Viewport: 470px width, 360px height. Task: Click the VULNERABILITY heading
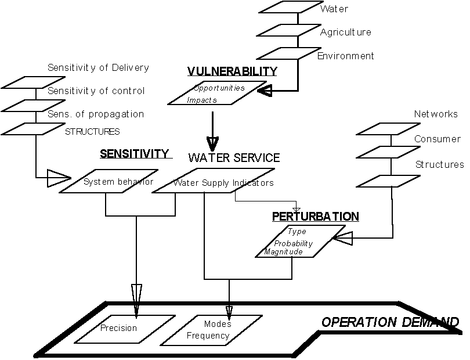(x=232, y=71)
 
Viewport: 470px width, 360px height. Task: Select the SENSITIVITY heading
(x=135, y=154)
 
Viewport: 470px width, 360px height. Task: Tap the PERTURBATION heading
(x=316, y=217)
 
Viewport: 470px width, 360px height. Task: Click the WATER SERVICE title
(x=234, y=158)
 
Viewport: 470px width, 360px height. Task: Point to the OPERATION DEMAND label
(x=390, y=322)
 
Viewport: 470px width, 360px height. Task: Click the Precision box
(x=118, y=328)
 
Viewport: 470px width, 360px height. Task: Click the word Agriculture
(x=345, y=33)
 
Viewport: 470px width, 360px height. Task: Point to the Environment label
(x=346, y=56)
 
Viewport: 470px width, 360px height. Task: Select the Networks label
(x=436, y=114)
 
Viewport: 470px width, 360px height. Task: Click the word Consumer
(x=438, y=139)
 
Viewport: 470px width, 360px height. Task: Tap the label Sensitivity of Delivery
(x=98, y=68)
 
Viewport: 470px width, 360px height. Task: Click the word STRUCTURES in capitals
(x=92, y=132)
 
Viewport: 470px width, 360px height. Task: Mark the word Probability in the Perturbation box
(x=294, y=243)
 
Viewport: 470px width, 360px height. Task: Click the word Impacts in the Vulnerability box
(x=202, y=100)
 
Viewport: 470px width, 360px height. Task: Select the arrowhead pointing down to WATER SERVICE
(x=212, y=143)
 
